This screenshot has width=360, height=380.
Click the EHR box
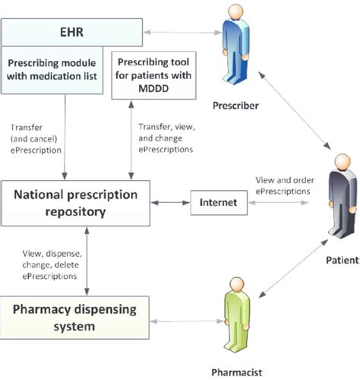[x=71, y=33]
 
